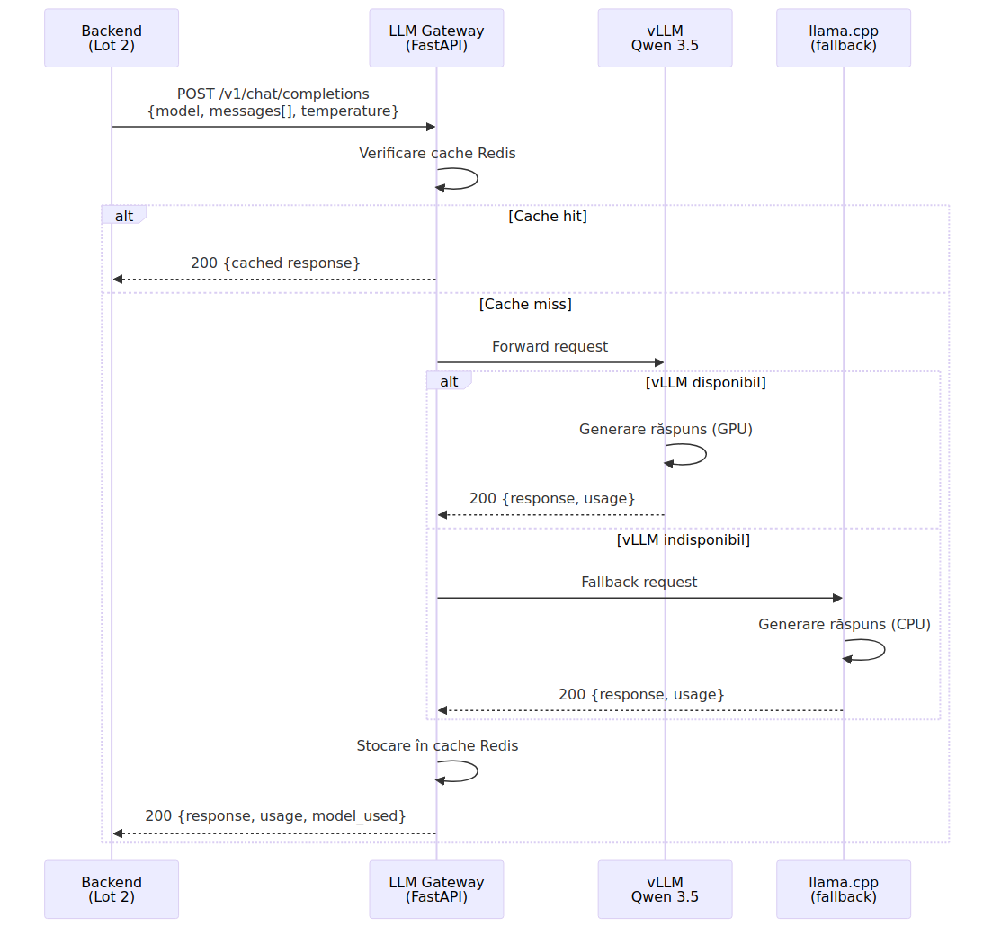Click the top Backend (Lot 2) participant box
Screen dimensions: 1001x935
coord(112,38)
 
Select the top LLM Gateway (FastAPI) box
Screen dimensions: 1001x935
coord(437,38)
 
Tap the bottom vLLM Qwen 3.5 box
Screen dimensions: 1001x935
coord(666,889)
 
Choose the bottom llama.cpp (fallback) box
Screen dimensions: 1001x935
coord(844,889)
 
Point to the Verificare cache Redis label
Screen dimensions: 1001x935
coord(437,153)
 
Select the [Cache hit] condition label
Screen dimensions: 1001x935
coord(548,217)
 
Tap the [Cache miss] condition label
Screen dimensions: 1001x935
coord(525,305)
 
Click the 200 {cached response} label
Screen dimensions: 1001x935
coord(275,263)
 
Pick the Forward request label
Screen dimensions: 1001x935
coord(550,346)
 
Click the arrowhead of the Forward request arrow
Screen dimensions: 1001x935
coord(660,362)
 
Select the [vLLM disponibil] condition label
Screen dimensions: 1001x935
coord(705,382)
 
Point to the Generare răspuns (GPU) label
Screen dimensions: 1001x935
coord(666,429)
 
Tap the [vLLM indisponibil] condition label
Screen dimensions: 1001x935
coord(684,540)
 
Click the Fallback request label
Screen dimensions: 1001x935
coord(639,582)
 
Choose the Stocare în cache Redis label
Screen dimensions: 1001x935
coord(437,745)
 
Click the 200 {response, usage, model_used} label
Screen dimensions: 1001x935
coord(275,815)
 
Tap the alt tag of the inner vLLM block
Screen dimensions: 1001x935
coord(449,381)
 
